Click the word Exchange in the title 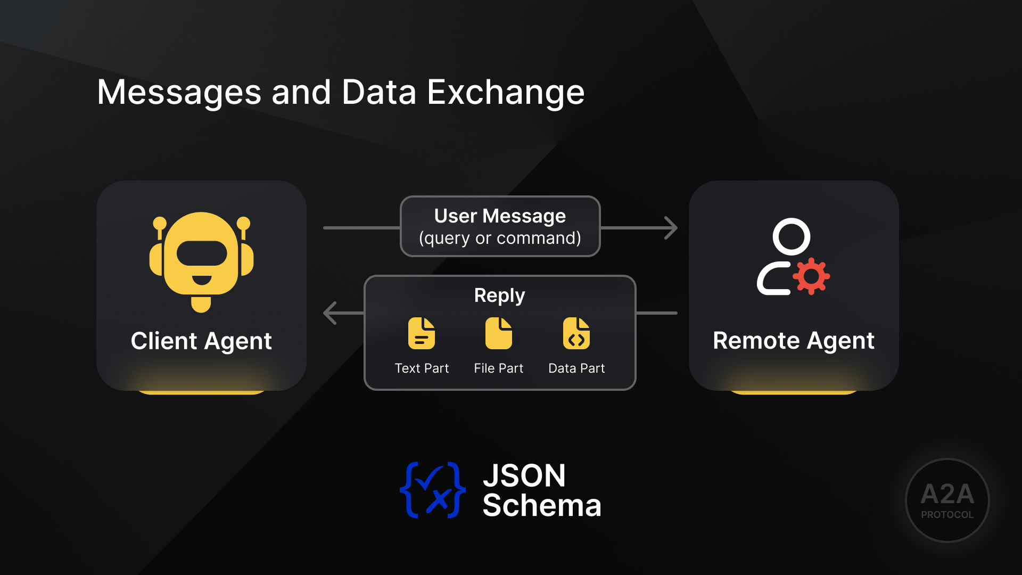pos(505,93)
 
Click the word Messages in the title pos(179,93)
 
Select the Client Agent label pos(201,341)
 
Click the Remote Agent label pos(793,341)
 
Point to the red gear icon pos(811,276)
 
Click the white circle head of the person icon pos(791,236)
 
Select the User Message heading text pos(500,216)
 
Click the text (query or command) pos(500,238)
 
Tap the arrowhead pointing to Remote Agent pos(671,228)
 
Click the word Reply pos(499,295)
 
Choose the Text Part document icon pos(421,334)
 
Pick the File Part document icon pos(498,334)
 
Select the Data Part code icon pos(576,334)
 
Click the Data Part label pos(576,368)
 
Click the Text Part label pos(422,368)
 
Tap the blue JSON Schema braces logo pos(432,490)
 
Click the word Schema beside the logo pos(541,505)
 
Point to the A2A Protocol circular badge pos(947,500)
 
